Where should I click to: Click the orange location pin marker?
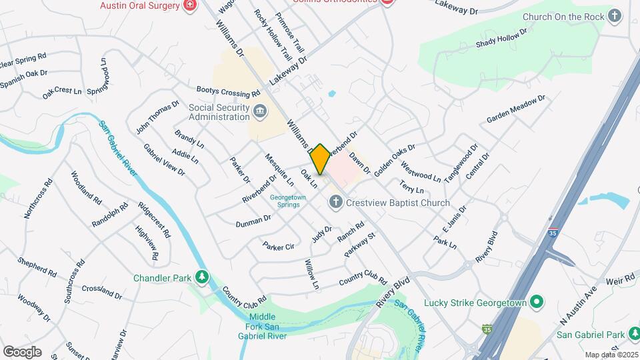320,159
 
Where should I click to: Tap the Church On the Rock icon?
615,16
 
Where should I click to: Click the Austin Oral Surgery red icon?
191,5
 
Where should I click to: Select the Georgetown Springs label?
288,201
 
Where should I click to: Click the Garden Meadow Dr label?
516,108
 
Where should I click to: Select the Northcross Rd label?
38,198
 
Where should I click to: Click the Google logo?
22,351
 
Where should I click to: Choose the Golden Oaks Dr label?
394,161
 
